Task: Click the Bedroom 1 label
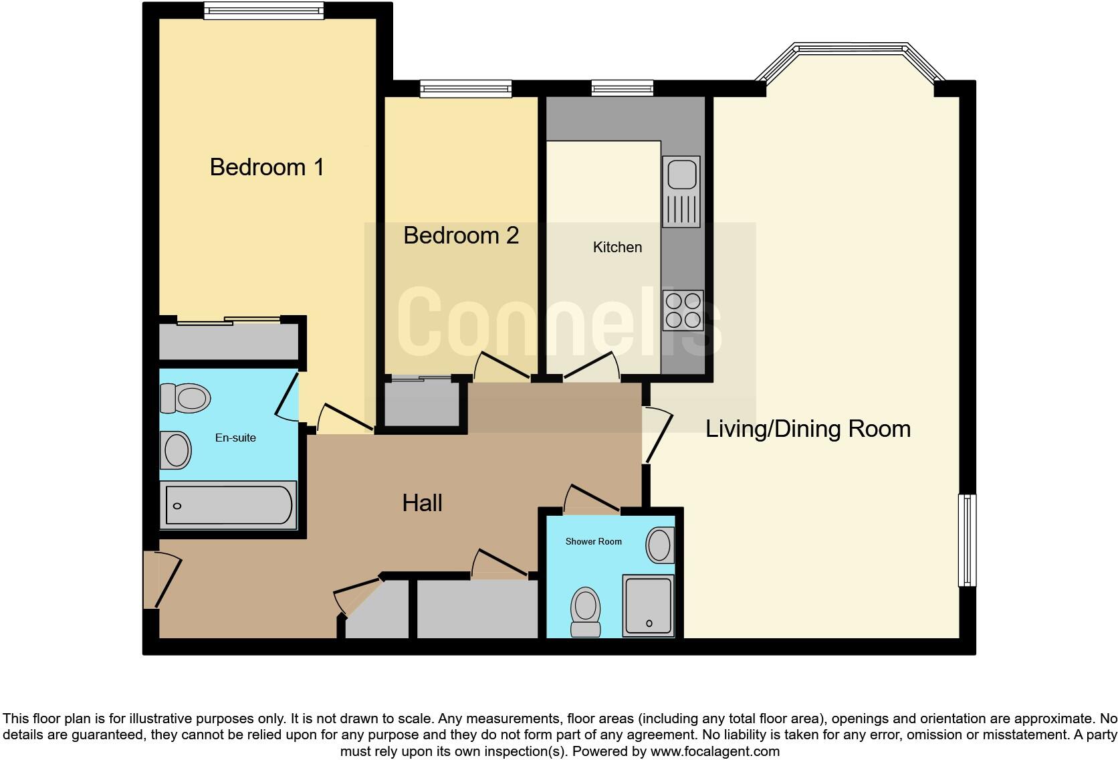pos(267,167)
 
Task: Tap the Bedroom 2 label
pos(461,235)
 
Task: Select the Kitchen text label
pos(617,248)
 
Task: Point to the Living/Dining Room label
pos(808,429)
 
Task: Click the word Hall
pos(422,503)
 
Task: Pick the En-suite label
pos(235,438)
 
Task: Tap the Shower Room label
pos(593,541)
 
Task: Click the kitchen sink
pos(681,191)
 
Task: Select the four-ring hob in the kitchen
pos(683,310)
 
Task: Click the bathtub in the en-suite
pos(228,505)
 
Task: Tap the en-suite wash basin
pos(176,450)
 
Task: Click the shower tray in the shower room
pos(647,606)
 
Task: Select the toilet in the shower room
pos(586,611)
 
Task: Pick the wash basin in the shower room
pos(660,545)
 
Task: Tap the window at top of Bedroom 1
pos(263,10)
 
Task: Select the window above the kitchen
pos(622,88)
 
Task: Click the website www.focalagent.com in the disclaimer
pos(715,751)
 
